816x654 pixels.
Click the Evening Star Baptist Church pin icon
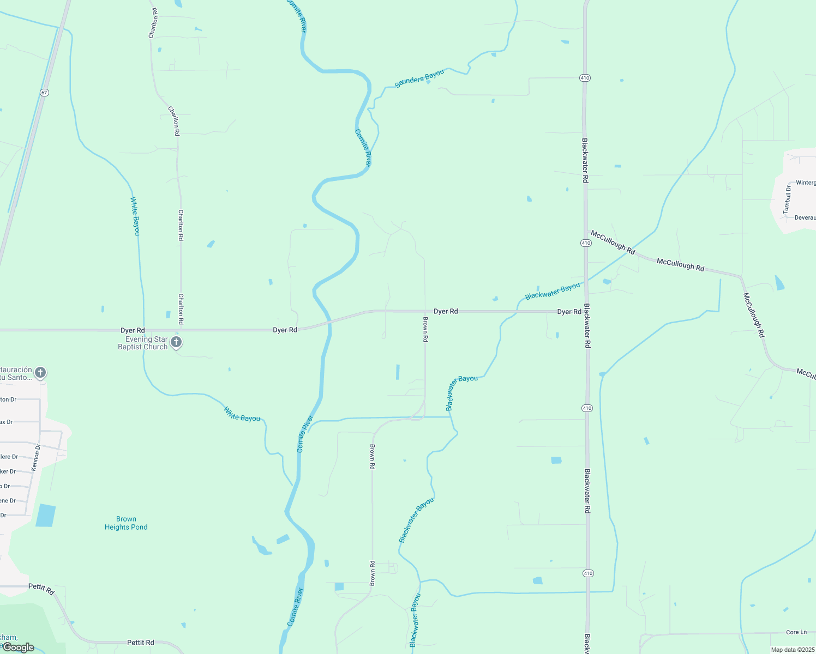point(176,342)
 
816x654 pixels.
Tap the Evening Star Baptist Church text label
point(143,343)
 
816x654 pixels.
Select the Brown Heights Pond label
point(126,523)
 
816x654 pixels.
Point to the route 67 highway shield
point(44,93)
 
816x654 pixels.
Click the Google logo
point(19,647)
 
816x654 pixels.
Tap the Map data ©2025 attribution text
point(792,650)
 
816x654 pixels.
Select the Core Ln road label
point(796,632)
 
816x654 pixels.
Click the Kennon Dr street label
point(35,457)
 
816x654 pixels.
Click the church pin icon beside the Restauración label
point(40,373)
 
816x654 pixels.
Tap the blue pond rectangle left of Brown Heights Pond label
point(46,515)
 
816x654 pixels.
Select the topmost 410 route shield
point(585,78)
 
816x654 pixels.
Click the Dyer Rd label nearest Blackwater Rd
point(569,312)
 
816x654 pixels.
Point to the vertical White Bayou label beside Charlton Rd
point(135,216)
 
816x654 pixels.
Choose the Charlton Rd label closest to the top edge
point(153,23)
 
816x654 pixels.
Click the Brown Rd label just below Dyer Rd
point(425,329)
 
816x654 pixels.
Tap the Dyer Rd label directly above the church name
point(133,330)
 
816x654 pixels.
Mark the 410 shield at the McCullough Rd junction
point(586,243)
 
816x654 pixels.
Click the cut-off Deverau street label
point(805,217)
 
